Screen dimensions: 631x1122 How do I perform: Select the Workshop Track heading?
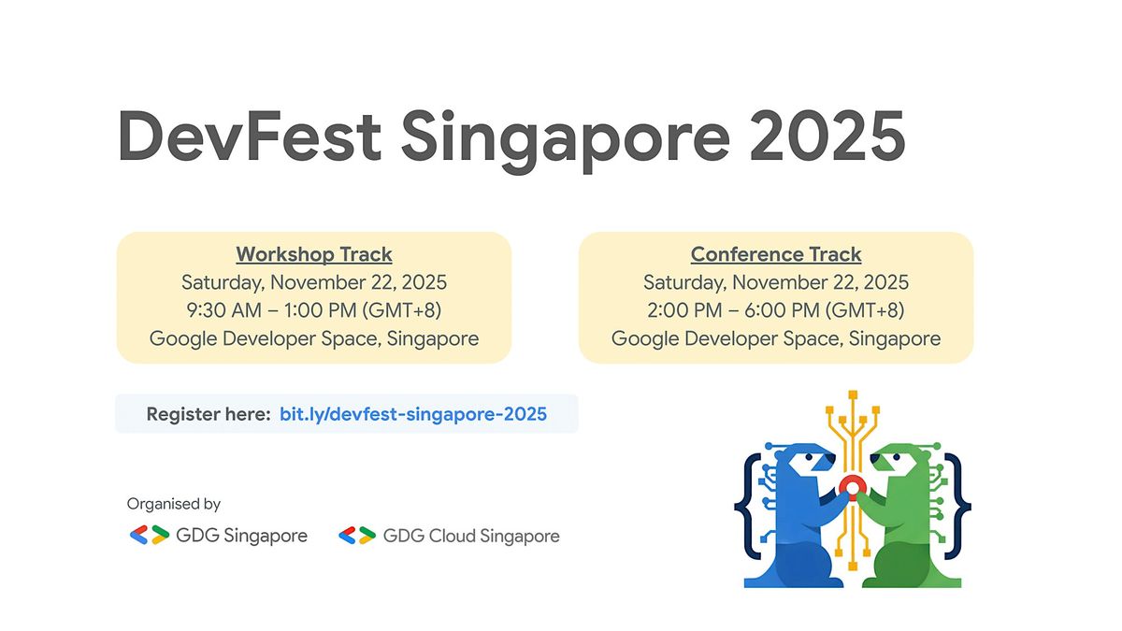(x=314, y=254)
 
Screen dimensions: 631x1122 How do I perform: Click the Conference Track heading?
(x=776, y=254)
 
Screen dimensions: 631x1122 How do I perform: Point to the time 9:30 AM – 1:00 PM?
(x=314, y=310)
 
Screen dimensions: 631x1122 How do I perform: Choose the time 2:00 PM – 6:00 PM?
(x=776, y=310)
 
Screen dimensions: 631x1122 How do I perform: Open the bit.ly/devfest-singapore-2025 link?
(x=413, y=414)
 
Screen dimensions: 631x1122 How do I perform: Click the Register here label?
(x=209, y=414)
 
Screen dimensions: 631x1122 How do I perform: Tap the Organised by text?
(x=174, y=504)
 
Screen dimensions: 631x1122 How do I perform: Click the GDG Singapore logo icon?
(x=149, y=536)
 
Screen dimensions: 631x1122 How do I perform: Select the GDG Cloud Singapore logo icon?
(x=357, y=536)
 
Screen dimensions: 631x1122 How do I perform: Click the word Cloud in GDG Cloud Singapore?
(x=451, y=536)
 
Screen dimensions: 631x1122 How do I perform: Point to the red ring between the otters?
(x=851, y=486)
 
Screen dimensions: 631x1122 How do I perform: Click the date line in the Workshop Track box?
(x=314, y=282)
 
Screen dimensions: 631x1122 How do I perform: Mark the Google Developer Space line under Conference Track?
(x=776, y=338)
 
